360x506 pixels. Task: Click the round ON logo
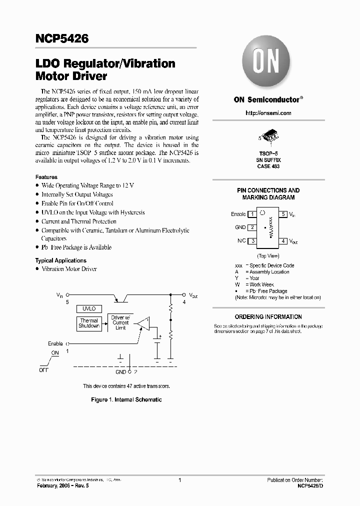coord(268,65)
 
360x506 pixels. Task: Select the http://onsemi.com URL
coord(268,113)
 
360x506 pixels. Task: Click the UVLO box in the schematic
coord(89,308)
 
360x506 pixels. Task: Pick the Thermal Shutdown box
coord(89,323)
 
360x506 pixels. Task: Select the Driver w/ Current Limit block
coord(120,322)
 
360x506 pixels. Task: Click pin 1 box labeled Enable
coord(253,214)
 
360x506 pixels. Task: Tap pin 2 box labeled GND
coord(253,227)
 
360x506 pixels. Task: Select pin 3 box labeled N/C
coord(253,241)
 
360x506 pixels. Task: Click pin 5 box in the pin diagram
coord(283,214)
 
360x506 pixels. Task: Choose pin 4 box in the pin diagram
coord(283,241)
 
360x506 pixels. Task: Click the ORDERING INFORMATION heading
coord(268,316)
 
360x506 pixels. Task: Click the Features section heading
coord(46,177)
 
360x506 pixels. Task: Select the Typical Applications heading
coord(60,260)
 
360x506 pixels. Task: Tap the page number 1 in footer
coord(179,480)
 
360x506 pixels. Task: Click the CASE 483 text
coord(268,166)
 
